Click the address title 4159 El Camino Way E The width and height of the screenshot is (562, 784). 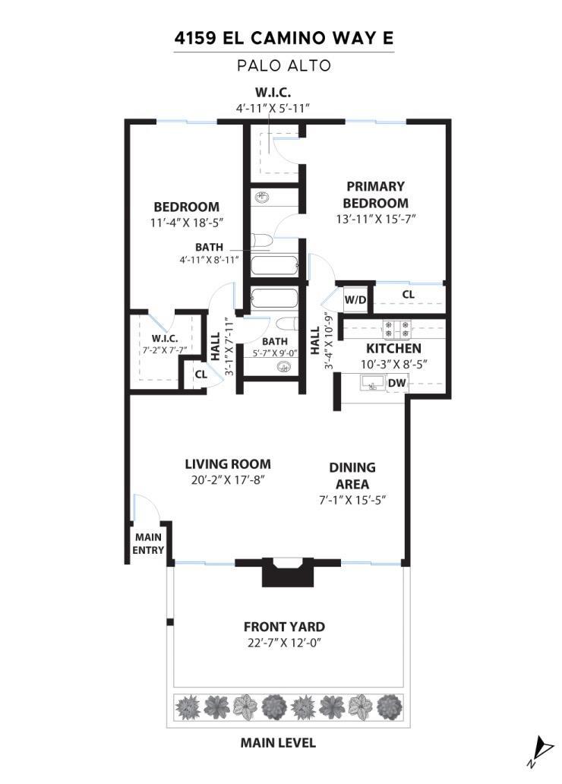point(284,38)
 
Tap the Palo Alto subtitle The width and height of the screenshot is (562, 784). point(284,65)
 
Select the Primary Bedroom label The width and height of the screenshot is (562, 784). point(375,194)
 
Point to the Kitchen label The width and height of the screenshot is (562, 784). point(393,348)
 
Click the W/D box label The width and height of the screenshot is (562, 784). point(355,300)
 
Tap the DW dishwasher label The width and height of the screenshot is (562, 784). point(397,384)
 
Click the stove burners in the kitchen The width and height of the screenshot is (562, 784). point(397,328)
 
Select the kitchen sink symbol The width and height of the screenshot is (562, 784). point(373,382)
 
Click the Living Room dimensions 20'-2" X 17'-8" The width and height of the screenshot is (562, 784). point(228,480)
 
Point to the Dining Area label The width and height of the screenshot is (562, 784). point(352,476)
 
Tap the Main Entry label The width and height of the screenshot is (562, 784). point(149,543)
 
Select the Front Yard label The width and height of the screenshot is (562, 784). point(284,627)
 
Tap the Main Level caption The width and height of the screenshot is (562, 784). point(278,742)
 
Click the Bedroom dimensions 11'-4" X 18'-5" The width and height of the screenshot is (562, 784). point(187,223)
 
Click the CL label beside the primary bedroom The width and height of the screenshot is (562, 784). point(408,295)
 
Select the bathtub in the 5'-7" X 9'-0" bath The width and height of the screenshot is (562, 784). point(274,299)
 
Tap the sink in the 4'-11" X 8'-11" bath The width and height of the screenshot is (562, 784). point(260,197)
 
